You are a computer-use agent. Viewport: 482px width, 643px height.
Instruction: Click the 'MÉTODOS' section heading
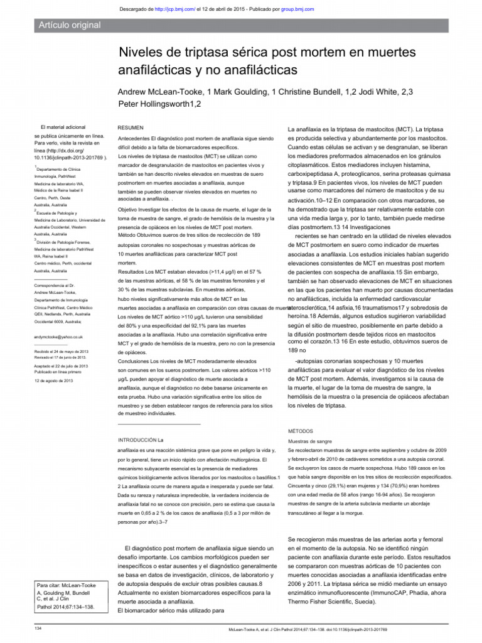pos(301,432)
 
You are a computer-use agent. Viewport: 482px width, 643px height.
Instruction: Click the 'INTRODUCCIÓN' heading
pos(137,440)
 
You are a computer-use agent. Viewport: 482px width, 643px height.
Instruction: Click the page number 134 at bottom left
pos(38,628)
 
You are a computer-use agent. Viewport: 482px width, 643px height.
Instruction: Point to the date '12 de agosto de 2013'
pos(54,381)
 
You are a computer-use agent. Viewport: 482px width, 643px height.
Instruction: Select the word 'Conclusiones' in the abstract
pos(137,362)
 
